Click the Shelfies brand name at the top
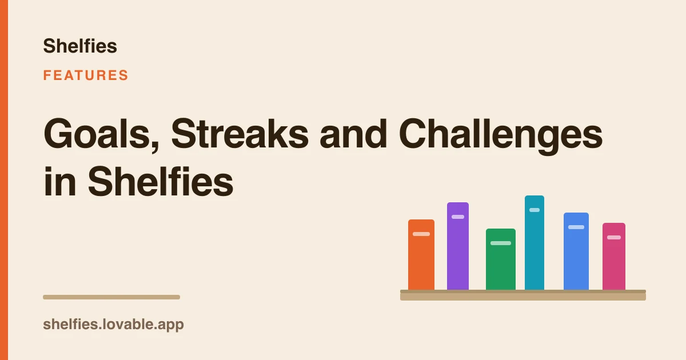80,46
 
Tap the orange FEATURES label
85,75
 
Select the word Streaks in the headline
240,134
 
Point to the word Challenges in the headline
500,136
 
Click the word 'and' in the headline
353,134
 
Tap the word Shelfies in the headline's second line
161,181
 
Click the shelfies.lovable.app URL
113,325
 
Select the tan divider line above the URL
111,297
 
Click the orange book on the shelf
421,255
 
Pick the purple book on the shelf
458,246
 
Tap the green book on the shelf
501,259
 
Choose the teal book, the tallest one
535,243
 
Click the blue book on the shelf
576,251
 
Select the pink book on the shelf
614,257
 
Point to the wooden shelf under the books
523,295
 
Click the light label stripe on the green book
501,243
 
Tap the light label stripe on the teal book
535,210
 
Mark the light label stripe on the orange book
421,234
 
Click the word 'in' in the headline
59,181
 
